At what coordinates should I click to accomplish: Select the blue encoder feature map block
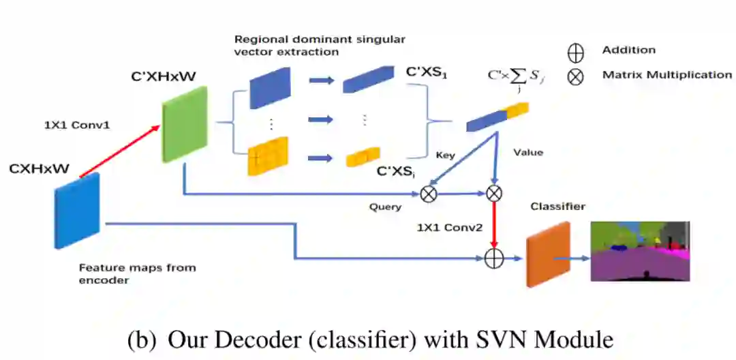coord(77,209)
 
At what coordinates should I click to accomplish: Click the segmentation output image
coord(640,252)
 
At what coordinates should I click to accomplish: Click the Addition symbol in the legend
coord(576,52)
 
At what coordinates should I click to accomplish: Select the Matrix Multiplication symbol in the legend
coord(576,76)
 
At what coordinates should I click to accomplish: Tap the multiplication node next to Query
coord(429,194)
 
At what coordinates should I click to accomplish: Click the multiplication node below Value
coord(494,194)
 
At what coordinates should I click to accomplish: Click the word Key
coord(444,155)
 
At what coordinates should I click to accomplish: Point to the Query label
coord(385,207)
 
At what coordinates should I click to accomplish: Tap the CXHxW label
coord(39,168)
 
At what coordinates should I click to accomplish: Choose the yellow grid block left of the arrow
coord(268,156)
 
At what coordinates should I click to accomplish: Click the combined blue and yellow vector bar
coord(497,116)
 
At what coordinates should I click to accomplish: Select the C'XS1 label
coord(427,71)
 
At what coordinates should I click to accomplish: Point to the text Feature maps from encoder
coord(136,273)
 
